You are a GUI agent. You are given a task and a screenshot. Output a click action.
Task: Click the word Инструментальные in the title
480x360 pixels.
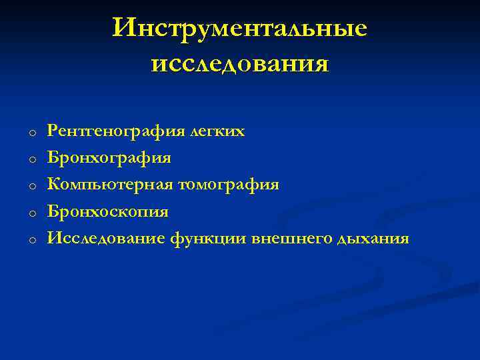(240, 28)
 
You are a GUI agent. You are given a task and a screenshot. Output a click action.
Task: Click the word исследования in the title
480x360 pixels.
(240, 64)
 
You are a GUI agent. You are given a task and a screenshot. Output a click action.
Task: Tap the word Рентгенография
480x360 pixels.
(117, 132)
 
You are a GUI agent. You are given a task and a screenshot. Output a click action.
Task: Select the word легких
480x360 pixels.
(217, 132)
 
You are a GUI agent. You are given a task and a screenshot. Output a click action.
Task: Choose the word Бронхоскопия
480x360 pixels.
(107, 212)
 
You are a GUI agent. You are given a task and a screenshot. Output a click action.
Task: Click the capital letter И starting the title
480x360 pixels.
(124, 27)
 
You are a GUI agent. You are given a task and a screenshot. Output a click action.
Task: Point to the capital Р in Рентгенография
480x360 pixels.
(52, 131)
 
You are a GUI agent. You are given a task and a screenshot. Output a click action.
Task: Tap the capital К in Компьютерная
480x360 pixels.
(53, 185)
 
